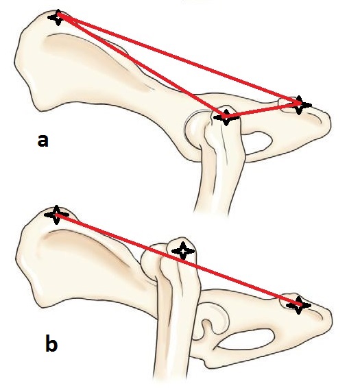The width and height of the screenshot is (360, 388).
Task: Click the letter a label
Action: (43, 141)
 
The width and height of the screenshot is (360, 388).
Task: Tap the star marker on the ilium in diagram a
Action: (58, 18)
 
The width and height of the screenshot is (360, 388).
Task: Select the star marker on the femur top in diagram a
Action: (226, 117)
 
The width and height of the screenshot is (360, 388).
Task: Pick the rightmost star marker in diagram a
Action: (300, 105)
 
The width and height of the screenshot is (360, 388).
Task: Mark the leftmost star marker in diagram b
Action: (56, 215)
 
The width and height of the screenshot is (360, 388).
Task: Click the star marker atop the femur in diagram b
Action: (183, 251)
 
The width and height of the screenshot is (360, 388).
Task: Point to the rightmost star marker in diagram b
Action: (298, 305)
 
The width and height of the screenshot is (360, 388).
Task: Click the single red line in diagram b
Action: (178, 260)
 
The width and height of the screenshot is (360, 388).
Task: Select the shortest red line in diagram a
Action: (263, 110)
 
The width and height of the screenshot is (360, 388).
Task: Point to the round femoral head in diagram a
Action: (195, 129)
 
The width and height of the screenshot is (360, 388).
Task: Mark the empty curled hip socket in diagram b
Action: (216, 319)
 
